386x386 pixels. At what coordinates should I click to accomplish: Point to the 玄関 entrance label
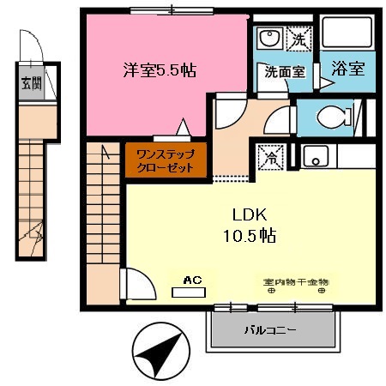pyautogui.click(x=28, y=84)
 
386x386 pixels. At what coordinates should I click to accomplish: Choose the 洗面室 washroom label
pyautogui.click(x=284, y=72)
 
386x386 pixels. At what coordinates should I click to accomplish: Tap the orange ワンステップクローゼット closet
pyautogui.click(x=166, y=160)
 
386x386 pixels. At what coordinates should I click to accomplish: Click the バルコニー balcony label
pyautogui.click(x=269, y=330)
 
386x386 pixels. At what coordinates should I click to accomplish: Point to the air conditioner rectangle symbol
pyautogui.click(x=190, y=292)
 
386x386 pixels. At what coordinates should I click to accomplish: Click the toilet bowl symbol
pyautogui.click(x=328, y=118)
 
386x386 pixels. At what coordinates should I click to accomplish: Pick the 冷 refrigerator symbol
pyautogui.click(x=269, y=157)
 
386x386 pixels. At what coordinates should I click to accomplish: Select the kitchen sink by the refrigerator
pyautogui.click(x=314, y=157)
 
